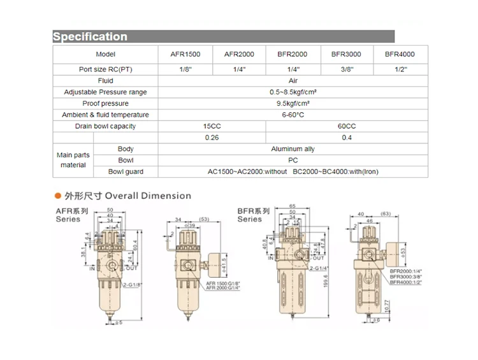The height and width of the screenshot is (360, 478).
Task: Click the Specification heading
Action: (90, 37)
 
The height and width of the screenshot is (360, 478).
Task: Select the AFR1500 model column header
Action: (185, 54)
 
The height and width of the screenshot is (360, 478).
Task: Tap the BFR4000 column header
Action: (400, 54)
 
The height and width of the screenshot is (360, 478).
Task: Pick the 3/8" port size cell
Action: (346, 69)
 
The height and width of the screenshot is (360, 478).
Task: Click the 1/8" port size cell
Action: (185, 69)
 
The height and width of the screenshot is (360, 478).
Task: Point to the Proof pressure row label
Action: (105, 104)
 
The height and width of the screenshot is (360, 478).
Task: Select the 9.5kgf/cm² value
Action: (293, 104)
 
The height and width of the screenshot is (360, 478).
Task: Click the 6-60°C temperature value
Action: (293, 115)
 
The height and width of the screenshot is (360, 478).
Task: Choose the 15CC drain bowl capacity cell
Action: (212, 127)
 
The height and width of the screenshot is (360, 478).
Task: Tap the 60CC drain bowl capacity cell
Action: (347, 127)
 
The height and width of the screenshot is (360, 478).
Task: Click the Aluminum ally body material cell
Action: (293, 149)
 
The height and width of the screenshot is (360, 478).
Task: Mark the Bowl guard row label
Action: (126, 172)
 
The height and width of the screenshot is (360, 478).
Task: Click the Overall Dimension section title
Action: (147, 196)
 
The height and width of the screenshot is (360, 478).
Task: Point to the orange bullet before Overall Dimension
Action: (58, 196)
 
